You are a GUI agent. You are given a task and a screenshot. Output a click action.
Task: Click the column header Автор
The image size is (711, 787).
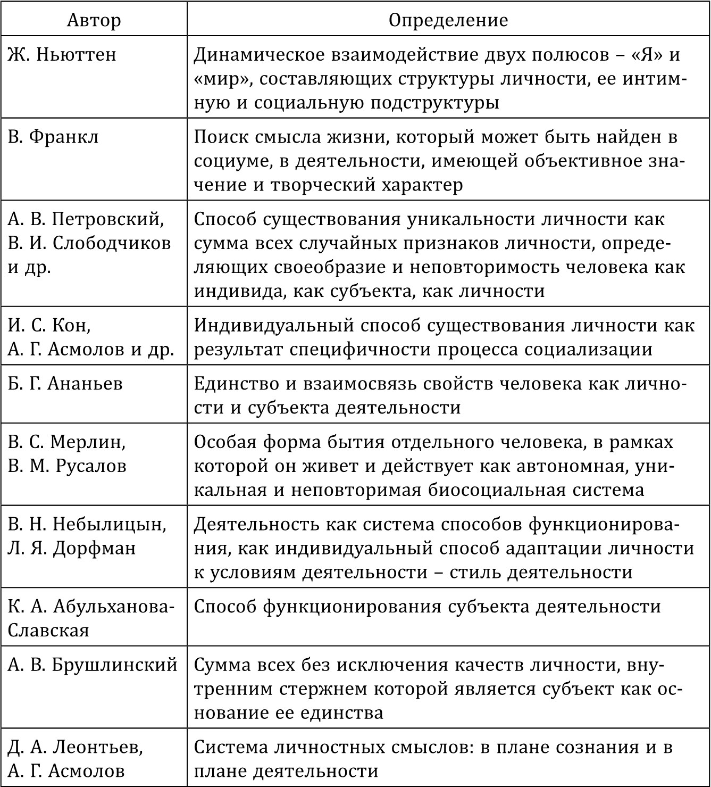coord(94,20)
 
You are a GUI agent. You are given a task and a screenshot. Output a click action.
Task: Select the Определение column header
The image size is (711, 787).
coord(448,20)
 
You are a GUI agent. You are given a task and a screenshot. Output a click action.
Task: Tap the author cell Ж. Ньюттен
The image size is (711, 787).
coord(62,55)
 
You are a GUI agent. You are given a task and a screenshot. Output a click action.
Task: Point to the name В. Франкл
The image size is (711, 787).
coord(53,137)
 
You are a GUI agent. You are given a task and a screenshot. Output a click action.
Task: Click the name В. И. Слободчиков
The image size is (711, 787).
coord(89,243)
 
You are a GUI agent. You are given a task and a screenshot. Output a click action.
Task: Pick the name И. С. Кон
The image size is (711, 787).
coord(49,325)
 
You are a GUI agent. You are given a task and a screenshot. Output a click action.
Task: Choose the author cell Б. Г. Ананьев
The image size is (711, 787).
coord(65,384)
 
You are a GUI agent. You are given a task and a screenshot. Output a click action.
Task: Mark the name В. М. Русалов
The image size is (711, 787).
coord(67,466)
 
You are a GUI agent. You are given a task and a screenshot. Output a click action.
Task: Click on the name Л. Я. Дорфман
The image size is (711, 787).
coord(72,548)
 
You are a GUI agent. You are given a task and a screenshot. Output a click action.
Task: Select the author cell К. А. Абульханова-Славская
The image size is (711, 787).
coord(90,618)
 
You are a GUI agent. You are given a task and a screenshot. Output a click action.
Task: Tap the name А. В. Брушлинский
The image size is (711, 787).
coord(93,665)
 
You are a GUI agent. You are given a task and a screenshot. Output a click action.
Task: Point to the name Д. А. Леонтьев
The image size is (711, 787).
coord(75,747)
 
